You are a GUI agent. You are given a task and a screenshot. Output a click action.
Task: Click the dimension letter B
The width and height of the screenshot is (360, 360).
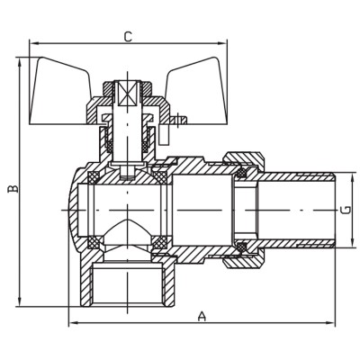click(12, 190)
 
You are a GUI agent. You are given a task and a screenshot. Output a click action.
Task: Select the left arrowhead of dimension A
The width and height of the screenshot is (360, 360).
click(71, 322)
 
